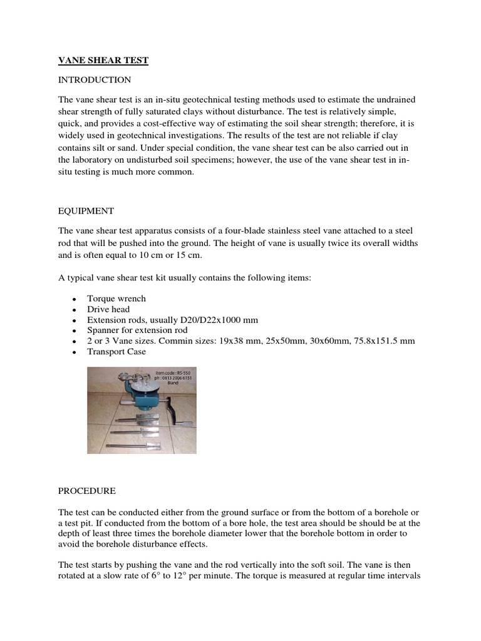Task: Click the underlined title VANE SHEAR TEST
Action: (x=103, y=60)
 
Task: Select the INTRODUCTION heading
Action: (x=95, y=80)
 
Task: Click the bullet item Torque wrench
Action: (x=116, y=299)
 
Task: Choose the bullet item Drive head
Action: (x=108, y=309)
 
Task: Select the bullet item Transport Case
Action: (x=116, y=352)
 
